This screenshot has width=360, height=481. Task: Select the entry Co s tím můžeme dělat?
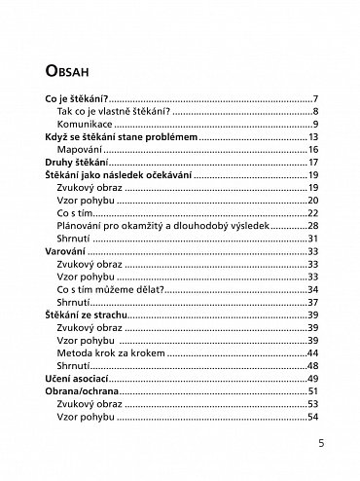pyautogui.click(x=104, y=289)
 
